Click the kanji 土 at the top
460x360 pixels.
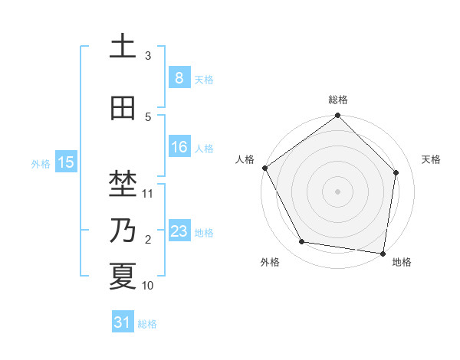click(x=123, y=47)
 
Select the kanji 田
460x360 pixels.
click(x=123, y=108)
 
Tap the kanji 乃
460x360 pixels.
click(x=123, y=230)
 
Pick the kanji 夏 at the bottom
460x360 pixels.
click(x=123, y=277)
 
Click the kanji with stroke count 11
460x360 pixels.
click(x=123, y=184)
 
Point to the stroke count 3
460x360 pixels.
click(x=148, y=56)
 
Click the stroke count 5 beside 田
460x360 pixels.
click(x=148, y=117)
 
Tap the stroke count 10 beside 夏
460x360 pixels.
click(x=148, y=286)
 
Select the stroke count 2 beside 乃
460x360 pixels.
click(x=148, y=240)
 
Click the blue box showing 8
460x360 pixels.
click(x=179, y=78)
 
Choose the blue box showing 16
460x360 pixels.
click(x=179, y=147)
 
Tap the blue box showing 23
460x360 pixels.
click(x=179, y=231)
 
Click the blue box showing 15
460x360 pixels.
click(x=66, y=162)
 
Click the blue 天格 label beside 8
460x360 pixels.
click(x=204, y=79)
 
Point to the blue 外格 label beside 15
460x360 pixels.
click(x=41, y=163)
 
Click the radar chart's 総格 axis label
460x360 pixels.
click(x=338, y=100)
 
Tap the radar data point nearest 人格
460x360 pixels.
click(x=264, y=168)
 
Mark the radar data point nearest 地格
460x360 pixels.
click(x=383, y=253)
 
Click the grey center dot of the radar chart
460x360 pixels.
click(x=338, y=191)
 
